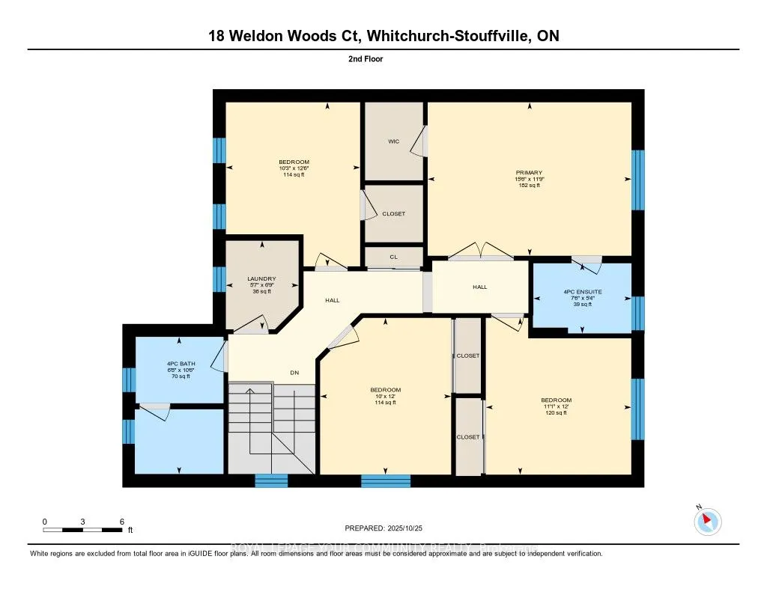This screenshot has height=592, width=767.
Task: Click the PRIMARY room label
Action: [x=528, y=173]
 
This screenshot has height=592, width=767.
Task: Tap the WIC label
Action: [x=393, y=141]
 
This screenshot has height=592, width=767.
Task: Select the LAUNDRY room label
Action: [x=261, y=279]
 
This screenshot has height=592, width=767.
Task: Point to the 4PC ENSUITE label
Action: [x=582, y=291]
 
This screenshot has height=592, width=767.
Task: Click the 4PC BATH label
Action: [x=179, y=364]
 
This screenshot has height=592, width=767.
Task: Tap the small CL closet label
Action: [x=393, y=257]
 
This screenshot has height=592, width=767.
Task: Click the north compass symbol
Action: [x=707, y=521]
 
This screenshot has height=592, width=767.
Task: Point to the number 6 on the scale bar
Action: [x=121, y=521]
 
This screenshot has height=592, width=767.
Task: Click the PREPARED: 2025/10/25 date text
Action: [x=383, y=528]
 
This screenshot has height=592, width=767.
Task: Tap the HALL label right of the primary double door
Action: [x=479, y=287]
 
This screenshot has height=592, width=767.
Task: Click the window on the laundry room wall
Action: [x=219, y=278]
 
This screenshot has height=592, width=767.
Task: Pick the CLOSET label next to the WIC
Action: [x=393, y=214]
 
